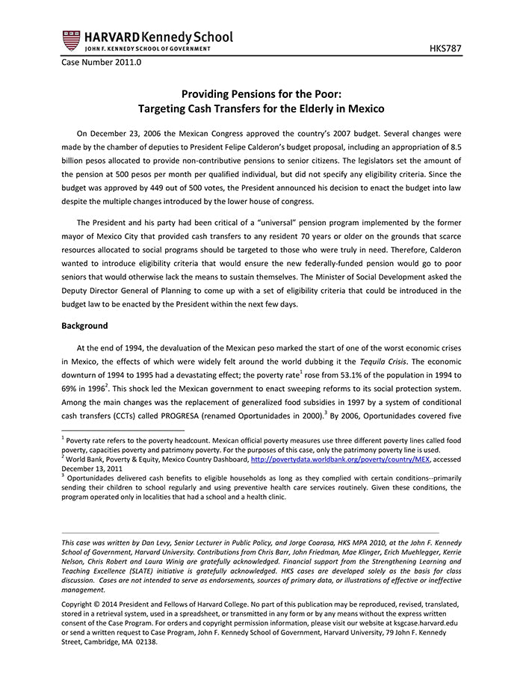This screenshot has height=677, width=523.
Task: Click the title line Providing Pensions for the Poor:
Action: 261,95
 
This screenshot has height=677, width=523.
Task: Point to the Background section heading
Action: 84,326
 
